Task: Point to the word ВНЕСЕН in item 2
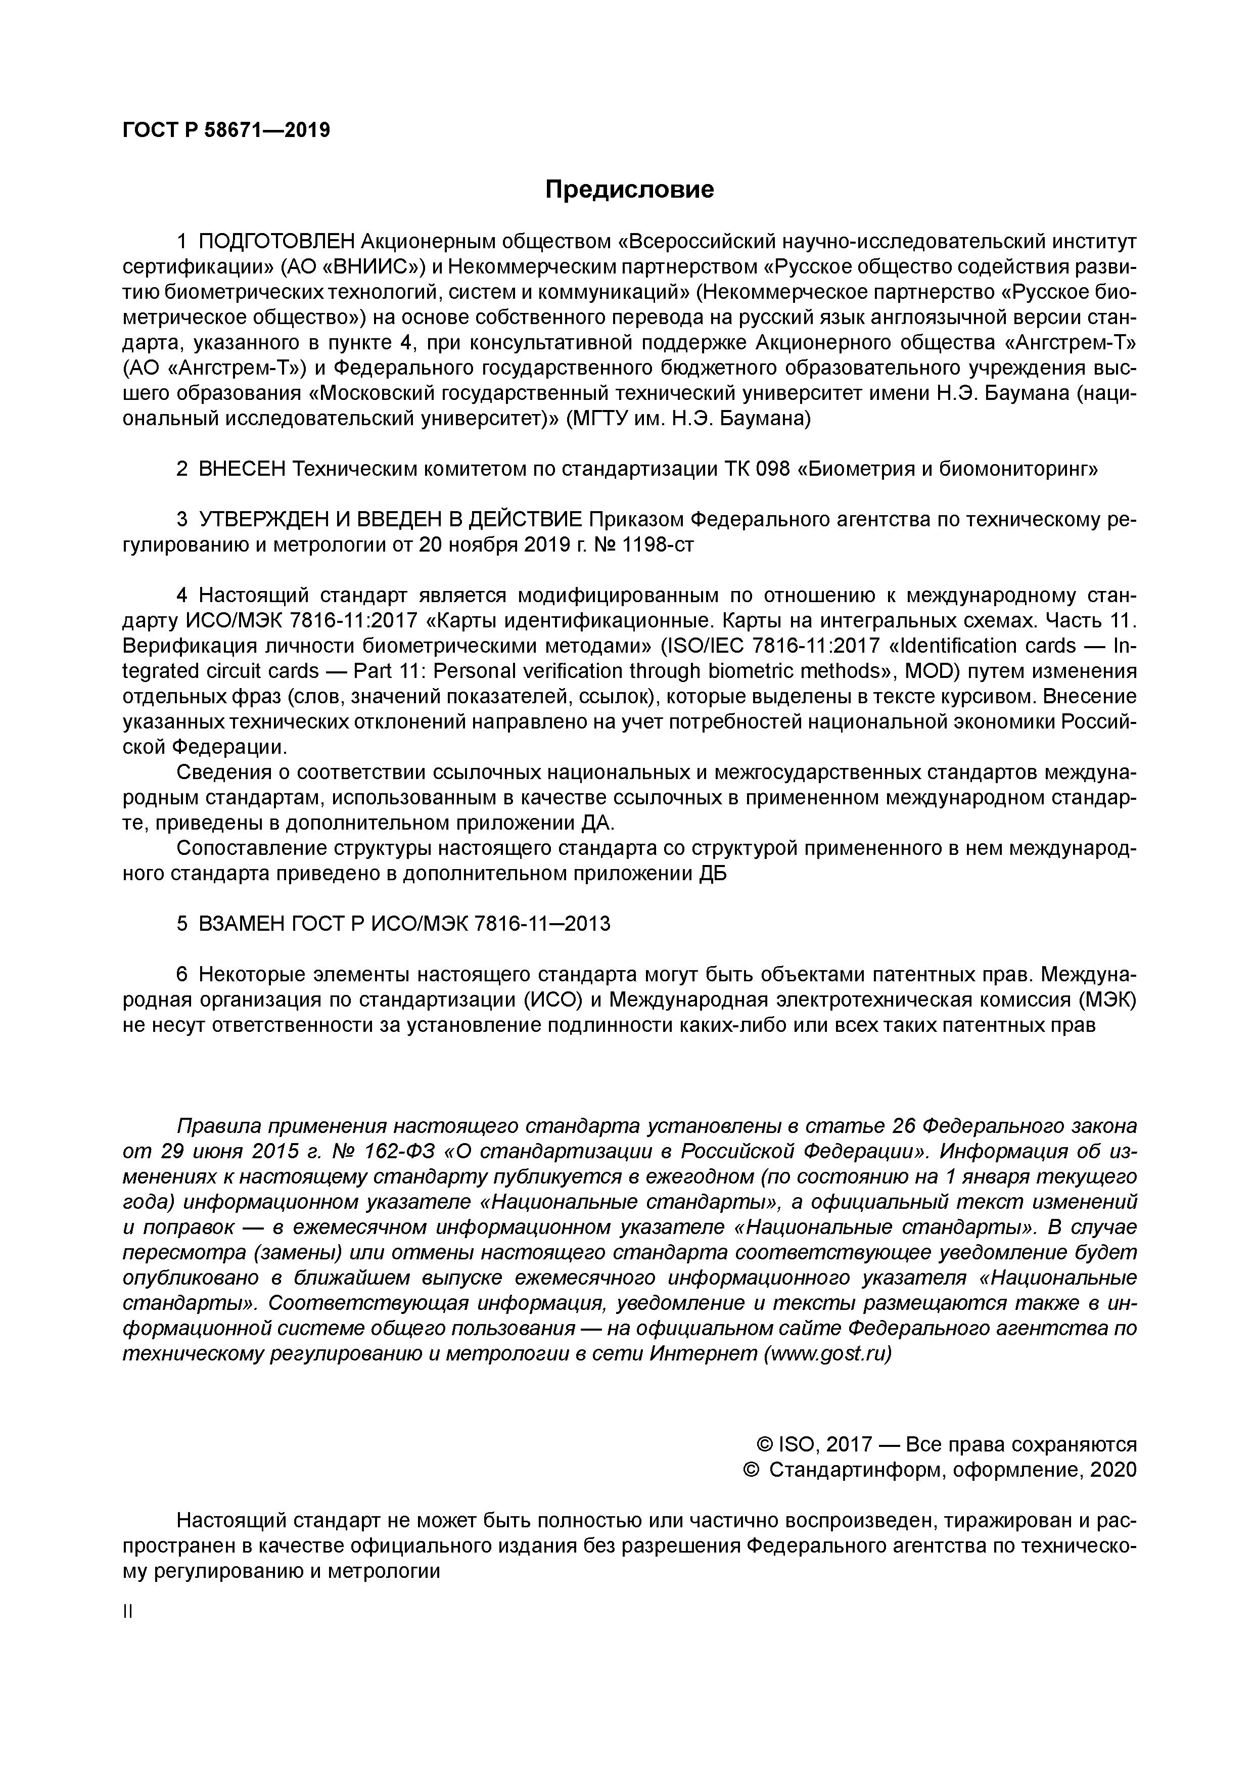point(243,469)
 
